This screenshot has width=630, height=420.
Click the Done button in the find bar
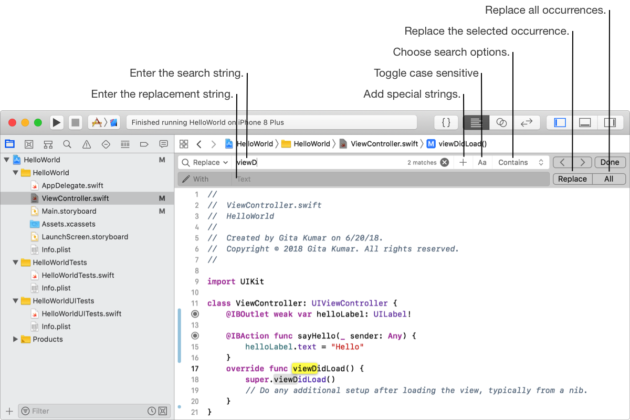pos(610,162)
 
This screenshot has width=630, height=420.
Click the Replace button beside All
pos(572,179)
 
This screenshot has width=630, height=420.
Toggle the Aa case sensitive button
pos(482,162)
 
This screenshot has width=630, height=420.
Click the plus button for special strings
pos(463,162)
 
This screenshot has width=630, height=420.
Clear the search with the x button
pos(445,162)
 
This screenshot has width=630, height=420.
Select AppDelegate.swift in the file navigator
pos(72,185)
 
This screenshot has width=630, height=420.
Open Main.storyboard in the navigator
pos(69,211)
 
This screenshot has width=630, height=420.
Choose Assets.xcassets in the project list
pos(68,224)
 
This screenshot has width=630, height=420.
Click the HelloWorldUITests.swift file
pos(81,314)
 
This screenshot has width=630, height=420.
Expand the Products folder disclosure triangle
pos(15,339)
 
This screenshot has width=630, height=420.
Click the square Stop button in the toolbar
pos(76,122)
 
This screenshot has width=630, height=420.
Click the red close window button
pos(12,122)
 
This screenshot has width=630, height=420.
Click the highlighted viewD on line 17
pos(305,369)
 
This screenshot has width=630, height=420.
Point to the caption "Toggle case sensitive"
pos(426,73)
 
